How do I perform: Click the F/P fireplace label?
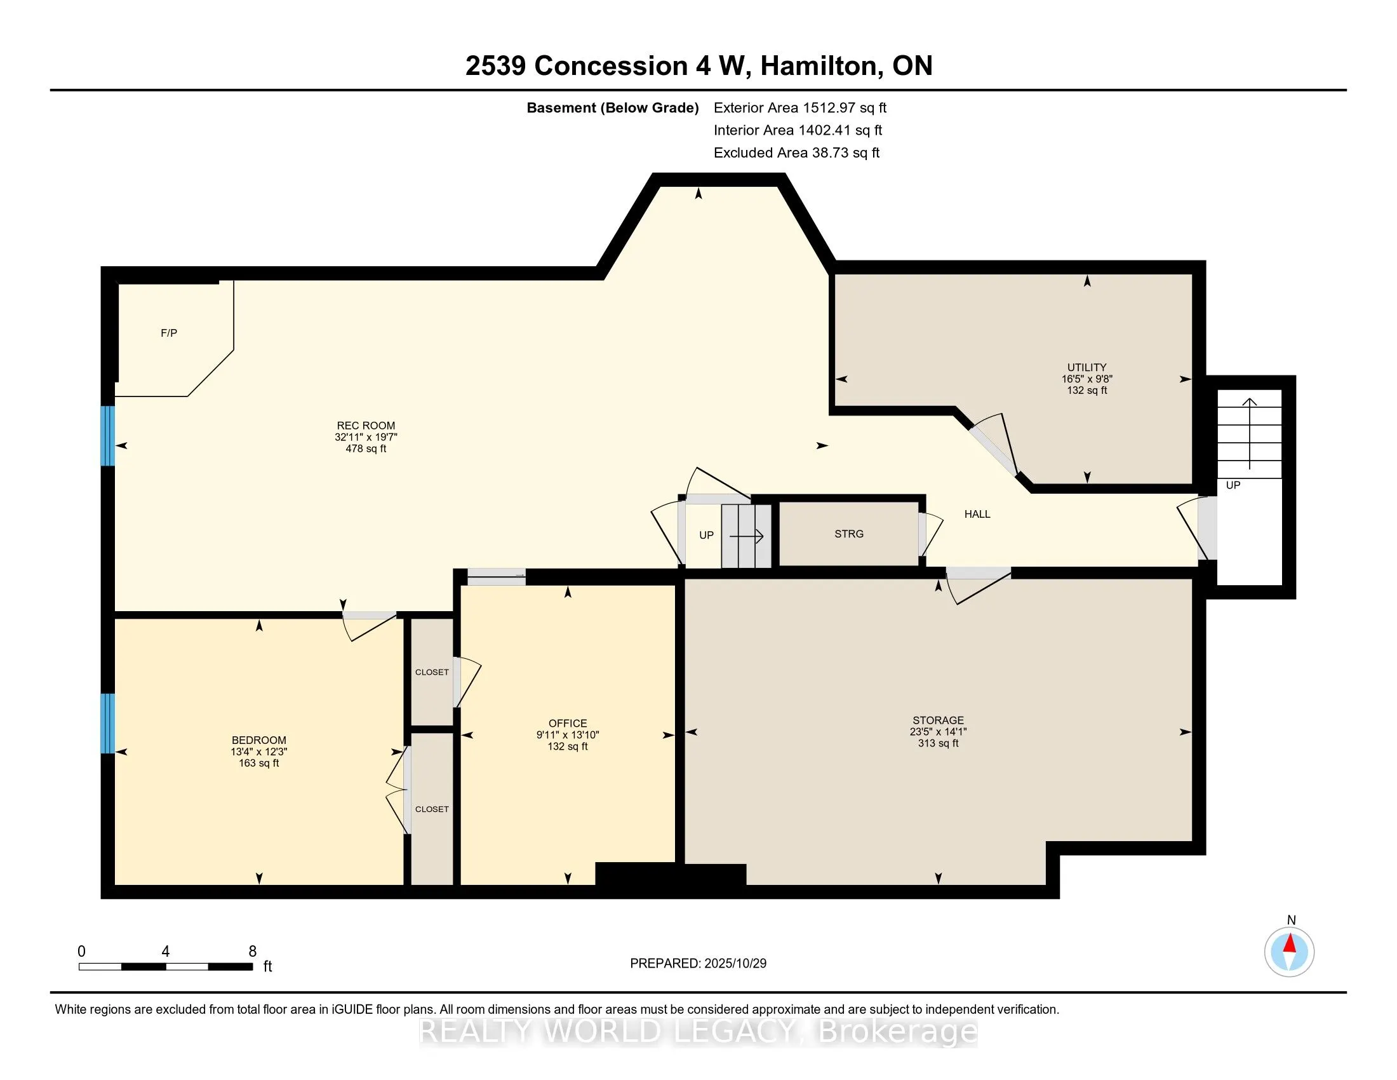coord(169,333)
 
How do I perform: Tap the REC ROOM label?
coord(366,426)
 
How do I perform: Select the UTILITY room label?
coord(1086,367)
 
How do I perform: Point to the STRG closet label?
coord(849,534)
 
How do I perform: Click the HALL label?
coord(977,514)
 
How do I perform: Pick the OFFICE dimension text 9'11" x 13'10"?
coord(567,735)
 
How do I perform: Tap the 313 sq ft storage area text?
coord(939,743)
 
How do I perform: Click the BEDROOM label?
coord(259,740)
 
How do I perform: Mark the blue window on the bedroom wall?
coord(108,723)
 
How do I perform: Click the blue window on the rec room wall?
coord(108,436)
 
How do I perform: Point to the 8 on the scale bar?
coord(253,952)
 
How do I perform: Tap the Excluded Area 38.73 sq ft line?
coord(796,153)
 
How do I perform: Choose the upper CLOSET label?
coord(432,672)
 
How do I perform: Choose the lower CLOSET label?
coord(432,809)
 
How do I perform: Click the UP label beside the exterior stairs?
coord(1233,485)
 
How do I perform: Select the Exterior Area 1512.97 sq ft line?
coord(799,108)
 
